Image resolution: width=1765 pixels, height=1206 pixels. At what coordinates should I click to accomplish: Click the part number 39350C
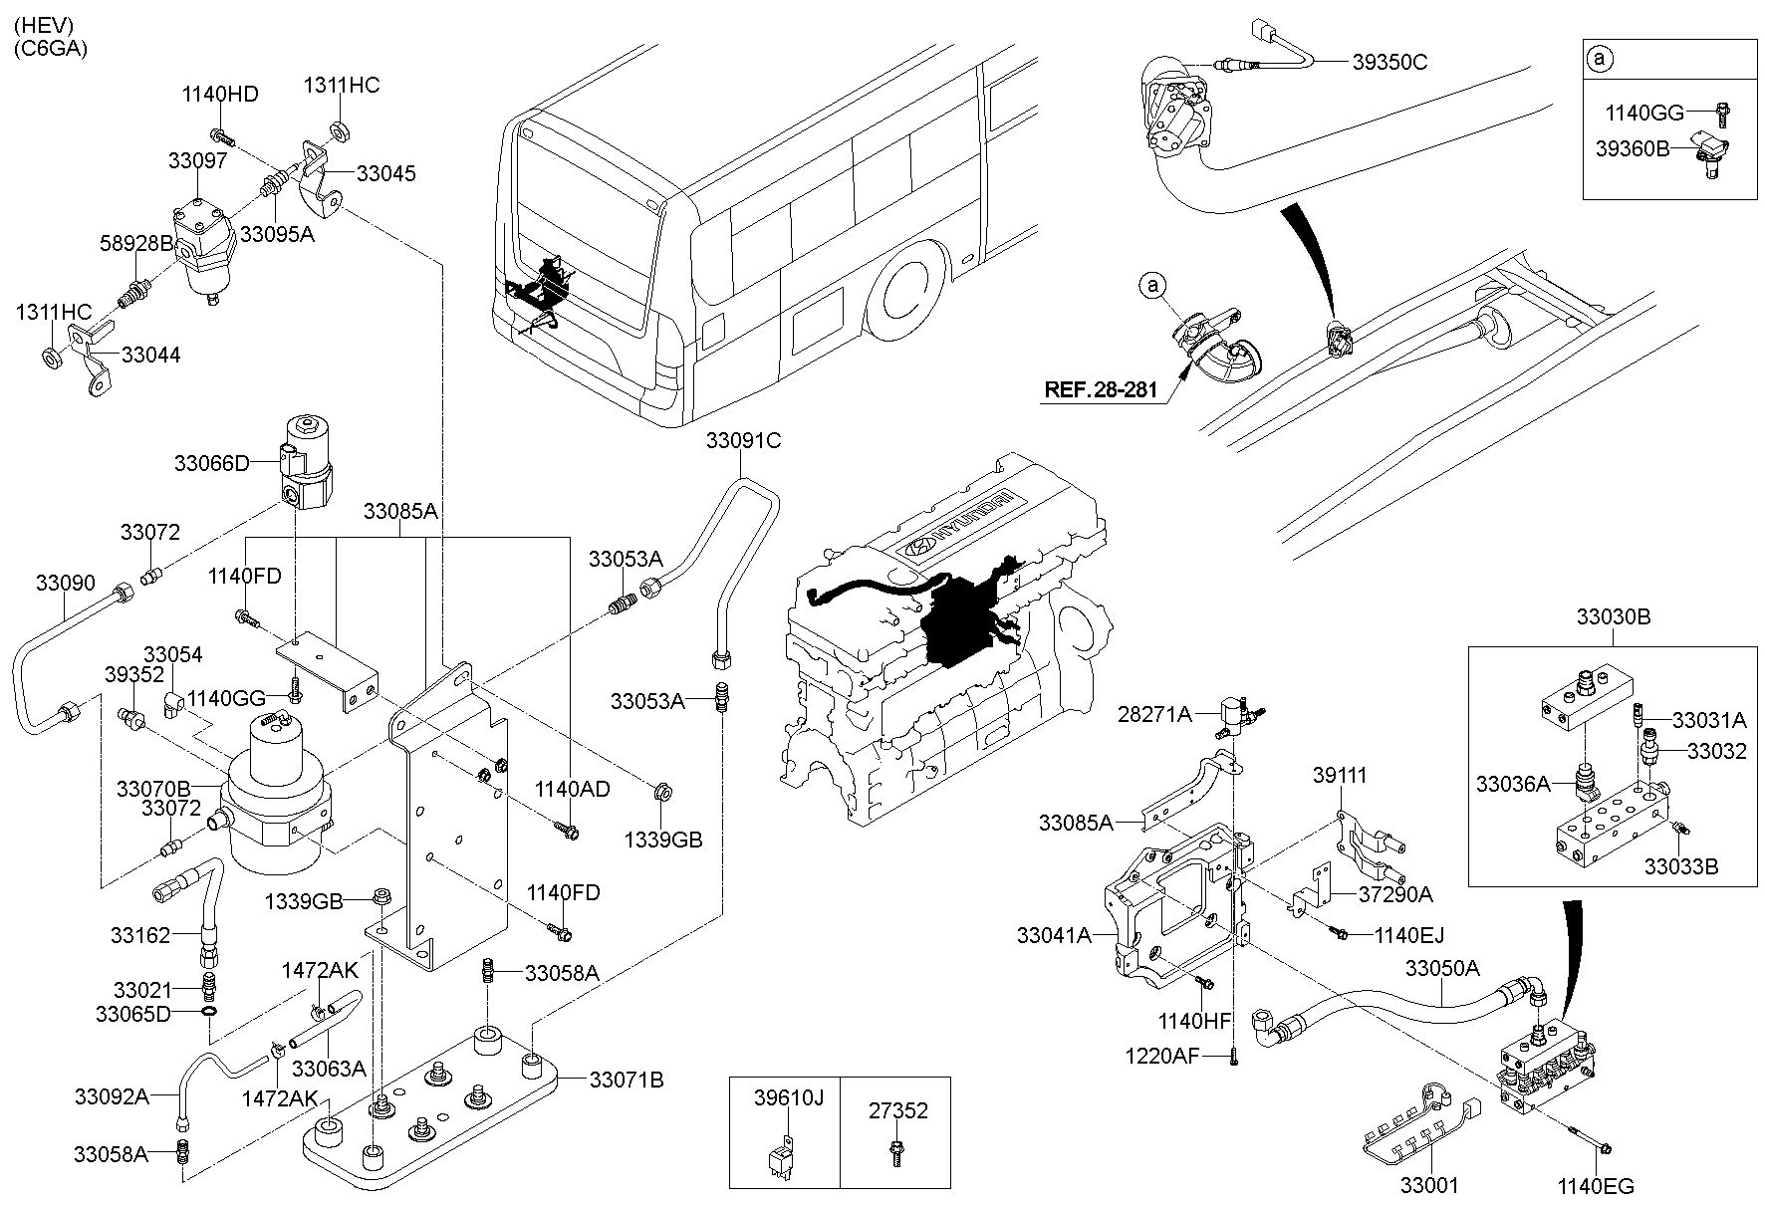1389,62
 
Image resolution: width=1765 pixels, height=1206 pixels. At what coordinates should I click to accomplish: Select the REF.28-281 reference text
1101,389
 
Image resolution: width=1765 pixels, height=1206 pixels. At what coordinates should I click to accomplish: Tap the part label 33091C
744,440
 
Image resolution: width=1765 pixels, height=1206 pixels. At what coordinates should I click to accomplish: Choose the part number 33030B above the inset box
1613,617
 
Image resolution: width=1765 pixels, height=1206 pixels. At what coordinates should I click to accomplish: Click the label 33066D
211,463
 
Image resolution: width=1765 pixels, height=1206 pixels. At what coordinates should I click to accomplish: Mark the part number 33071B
627,1080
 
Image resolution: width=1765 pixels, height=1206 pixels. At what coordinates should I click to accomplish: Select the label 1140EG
1596,1186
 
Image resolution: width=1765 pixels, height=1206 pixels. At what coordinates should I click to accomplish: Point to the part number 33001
1429,1186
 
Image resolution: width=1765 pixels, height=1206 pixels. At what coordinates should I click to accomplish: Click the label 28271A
1154,714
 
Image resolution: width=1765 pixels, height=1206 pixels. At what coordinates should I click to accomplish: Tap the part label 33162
140,935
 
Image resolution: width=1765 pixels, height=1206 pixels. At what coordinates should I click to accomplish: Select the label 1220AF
1162,1055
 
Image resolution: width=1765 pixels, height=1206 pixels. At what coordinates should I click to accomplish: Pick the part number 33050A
1442,968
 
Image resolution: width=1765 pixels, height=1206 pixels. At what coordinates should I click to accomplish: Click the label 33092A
112,1096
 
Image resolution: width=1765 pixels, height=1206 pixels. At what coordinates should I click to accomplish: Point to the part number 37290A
1394,894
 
